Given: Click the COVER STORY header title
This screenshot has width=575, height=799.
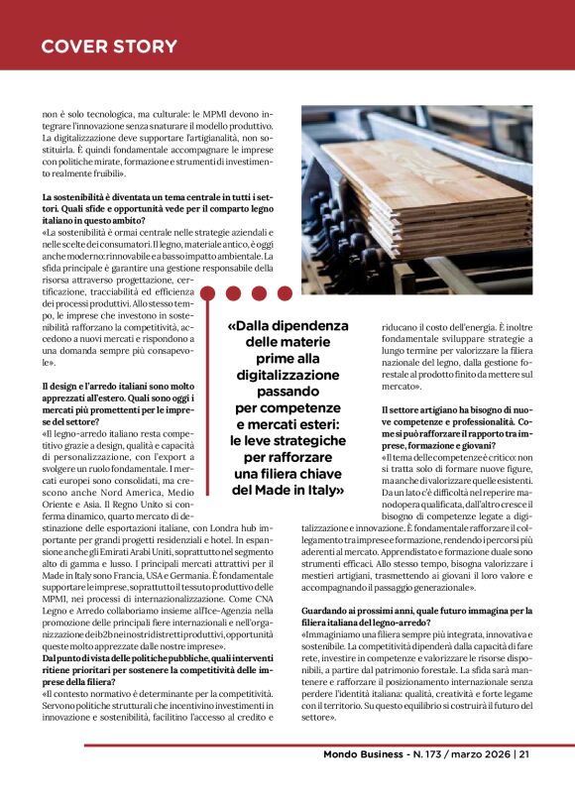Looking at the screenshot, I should [x=109, y=47].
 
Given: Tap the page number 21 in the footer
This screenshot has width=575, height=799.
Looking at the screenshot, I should [x=522, y=754].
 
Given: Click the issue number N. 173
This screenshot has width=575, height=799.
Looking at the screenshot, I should [x=427, y=754].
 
